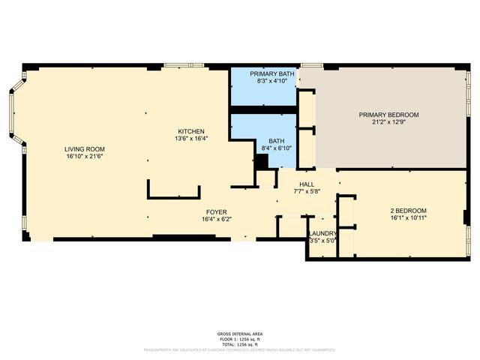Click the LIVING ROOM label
pyautogui.click(x=84, y=149)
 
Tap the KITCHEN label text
pyautogui.click(x=190, y=131)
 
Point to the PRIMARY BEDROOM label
pyautogui.click(x=388, y=115)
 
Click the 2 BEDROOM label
pyautogui.click(x=408, y=210)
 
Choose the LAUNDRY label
pyautogui.click(x=323, y=233)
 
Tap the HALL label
pyautogui.click(x=307, y=184)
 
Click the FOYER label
pyautogui.click(x=217, y=212)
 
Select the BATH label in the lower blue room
pyautogui.click(x=276, y=140)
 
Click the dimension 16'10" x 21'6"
pyautogui.click(x=84, y=156)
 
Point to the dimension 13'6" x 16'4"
pyautogui.click(x=190, y=138)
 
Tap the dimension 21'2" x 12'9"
pyautogui.click(x=388, y=122)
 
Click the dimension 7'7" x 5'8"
pyautogui.click(x=307, y=192)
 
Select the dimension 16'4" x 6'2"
pyautogui.click(x=217, y=220)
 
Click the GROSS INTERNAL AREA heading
pyautogui.click(x=240, y=334)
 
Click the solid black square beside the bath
pyautogui.click(x=262, y=160)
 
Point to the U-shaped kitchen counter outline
pyautogui.click(x=174, y=196)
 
